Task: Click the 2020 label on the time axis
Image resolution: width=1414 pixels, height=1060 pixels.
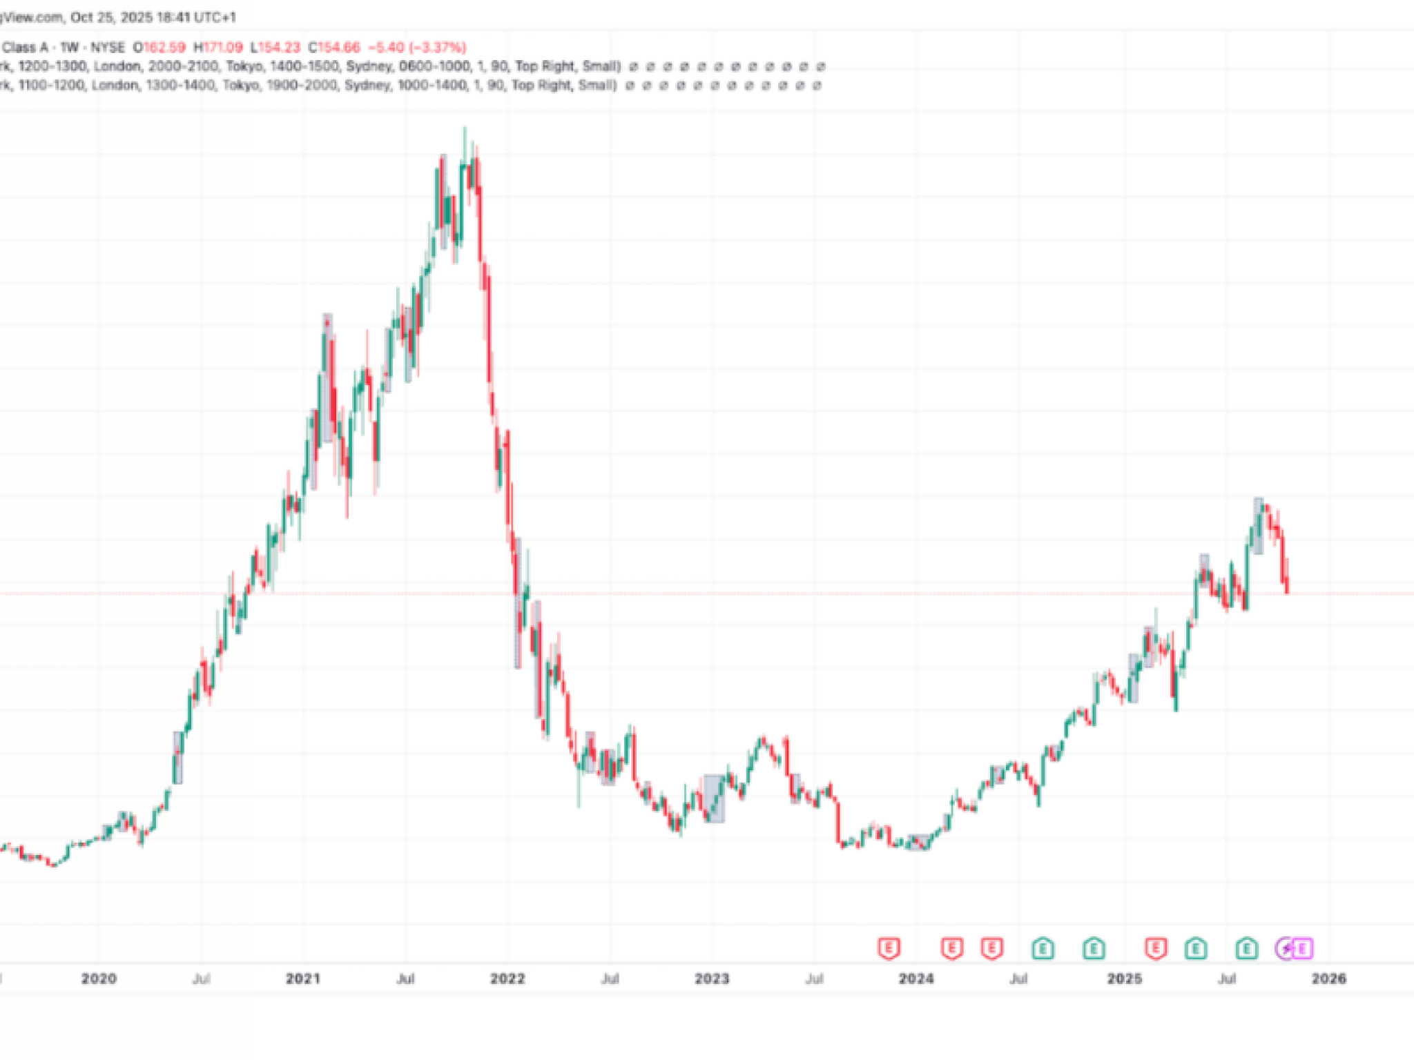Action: pyautogui.click(x=99, y=979)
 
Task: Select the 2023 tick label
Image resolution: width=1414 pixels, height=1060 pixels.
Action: pyautogui.click(x=712, y=979)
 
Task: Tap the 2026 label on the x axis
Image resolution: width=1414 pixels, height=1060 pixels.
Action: pyautogui.click(x=1328, y=979)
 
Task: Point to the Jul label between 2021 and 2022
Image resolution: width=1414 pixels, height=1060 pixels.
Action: pyautogui.click(x=405, y=979)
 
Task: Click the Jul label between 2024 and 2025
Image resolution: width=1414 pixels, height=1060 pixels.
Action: pyautogui.click(x=1018, y=979)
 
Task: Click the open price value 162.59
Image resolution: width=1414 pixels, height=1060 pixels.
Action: pyautogui.click(x=164, y=48)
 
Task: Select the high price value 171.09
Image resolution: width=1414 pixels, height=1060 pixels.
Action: pyautogui.click(x=222, y=48)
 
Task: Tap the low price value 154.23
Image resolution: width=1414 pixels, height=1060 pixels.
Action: pyautogui.click(x=279, y=48)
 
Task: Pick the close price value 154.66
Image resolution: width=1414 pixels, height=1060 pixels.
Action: pyautogui.click(x=338, y=48)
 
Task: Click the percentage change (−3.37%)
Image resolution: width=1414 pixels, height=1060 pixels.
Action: pyautogui.click(x=436, y=48)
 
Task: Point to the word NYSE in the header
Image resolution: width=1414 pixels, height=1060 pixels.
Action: pyautogui.click(x=108, y=48)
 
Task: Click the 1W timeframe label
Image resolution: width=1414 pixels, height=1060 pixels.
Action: pyautogui.click(x=69, y=48)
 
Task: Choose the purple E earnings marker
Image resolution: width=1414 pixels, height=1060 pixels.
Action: pyautogui.click(x=1302, y=949)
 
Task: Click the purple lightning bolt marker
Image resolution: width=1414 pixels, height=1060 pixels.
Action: pyautogui.click(x=1286, y=949)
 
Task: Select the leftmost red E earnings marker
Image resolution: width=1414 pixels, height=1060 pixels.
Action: pyautogui.click(x=889, y=948)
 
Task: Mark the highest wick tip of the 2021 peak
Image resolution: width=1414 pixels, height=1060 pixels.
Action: pyautogui.click(x=465, y=128)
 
